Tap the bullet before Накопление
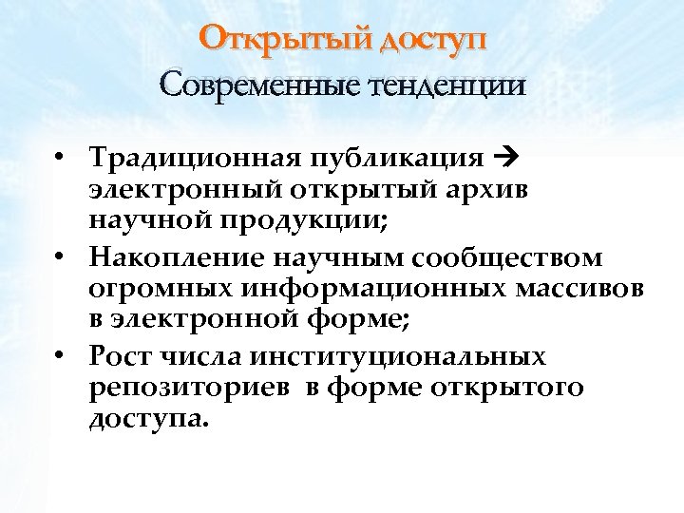(x=59, y=257)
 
